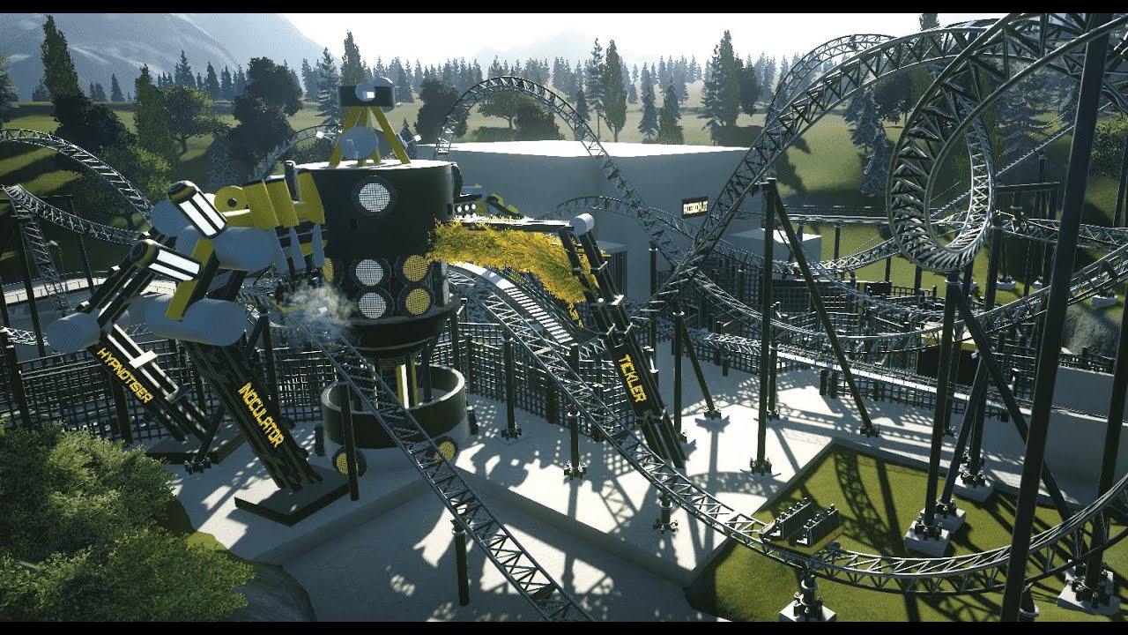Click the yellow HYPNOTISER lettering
125,375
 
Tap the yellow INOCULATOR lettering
260,414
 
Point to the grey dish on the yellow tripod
356,141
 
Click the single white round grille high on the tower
374,196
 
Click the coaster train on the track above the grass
805,524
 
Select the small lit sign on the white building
694,205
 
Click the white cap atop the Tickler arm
583,224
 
